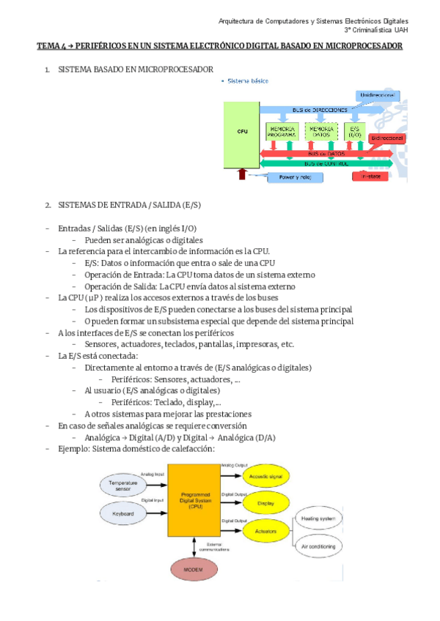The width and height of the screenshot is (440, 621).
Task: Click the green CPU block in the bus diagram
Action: [x=242, y=132]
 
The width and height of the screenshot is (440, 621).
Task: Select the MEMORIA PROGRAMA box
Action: [x=282, y=132]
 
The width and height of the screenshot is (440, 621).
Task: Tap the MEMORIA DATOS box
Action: [x=320, y=132]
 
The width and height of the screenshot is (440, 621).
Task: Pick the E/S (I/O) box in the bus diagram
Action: [x=355, y=132]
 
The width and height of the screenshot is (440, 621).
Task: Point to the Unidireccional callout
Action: [x=378, y=96]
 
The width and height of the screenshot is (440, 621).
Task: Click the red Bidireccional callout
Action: [x=387, y=138]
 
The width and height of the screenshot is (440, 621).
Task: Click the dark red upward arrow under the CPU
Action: [x=242, y=174]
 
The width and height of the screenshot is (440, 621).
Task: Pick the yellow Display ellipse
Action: [x=266, y=504]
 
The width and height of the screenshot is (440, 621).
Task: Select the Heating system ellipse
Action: [x=318, y=519]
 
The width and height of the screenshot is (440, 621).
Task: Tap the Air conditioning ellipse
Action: [x=318, y=547]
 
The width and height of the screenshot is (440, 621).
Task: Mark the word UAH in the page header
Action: [x=401, y=30]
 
